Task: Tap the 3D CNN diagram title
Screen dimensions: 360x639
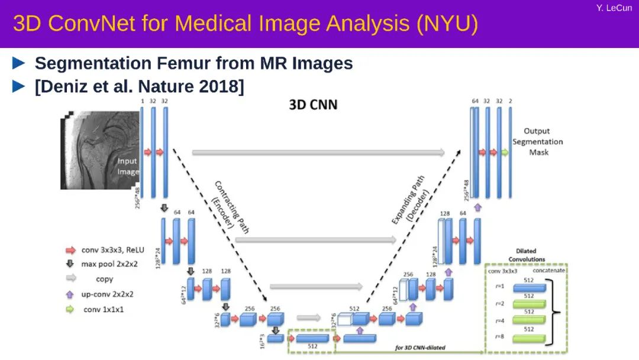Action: (313, 105)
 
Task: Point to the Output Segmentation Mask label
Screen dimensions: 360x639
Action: (538, 142)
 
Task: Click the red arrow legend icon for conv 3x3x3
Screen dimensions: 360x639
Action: (70, 250)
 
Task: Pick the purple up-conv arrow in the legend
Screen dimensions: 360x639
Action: (70, 294)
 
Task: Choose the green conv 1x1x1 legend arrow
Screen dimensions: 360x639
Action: (70, 309)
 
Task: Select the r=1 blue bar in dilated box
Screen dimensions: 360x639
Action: (530, 287)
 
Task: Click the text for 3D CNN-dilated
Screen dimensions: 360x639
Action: (420, 348)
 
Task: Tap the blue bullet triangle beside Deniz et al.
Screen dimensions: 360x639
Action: (20, 86)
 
